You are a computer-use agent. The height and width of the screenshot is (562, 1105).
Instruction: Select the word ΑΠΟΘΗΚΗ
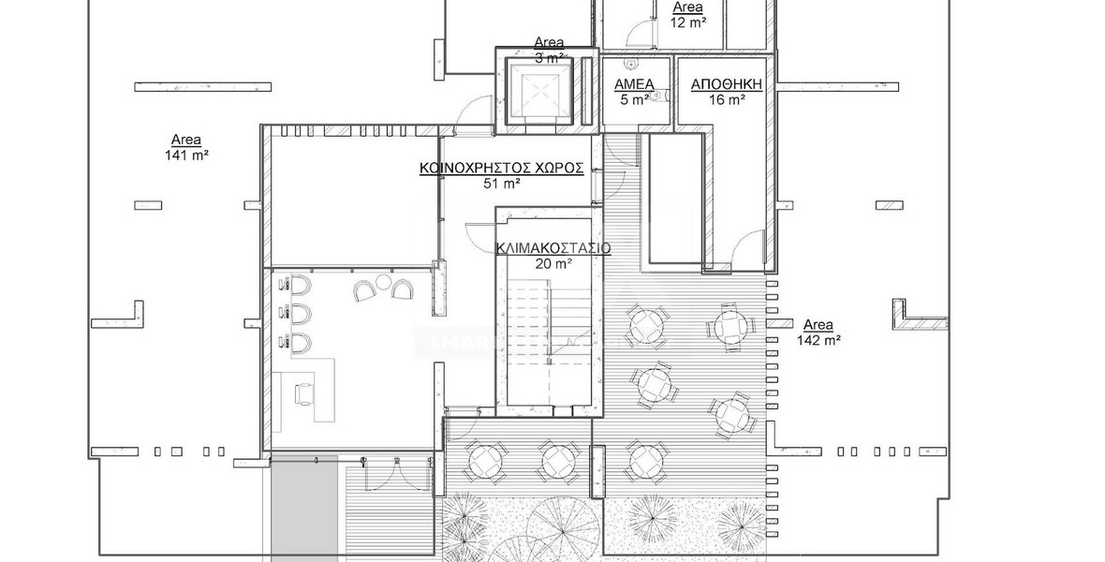point(726,84)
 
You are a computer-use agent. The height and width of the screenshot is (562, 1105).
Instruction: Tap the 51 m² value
point(501,185)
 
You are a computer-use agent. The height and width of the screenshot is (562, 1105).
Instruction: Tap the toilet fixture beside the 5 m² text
point(659,95)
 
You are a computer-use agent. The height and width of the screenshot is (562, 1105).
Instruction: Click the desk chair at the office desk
point(302,395)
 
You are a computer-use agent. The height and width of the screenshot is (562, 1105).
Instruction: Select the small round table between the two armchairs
point(382,283)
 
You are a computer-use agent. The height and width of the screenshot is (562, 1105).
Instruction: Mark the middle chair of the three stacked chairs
point(299,312)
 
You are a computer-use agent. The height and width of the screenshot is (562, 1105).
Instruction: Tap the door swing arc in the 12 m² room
point(639,34)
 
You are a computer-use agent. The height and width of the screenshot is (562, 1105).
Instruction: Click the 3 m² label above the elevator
point(550,56)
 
